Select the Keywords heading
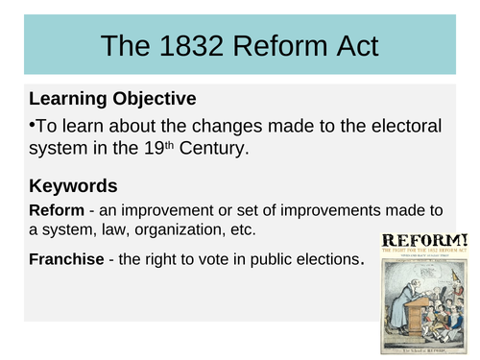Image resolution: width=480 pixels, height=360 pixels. (74, 185)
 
